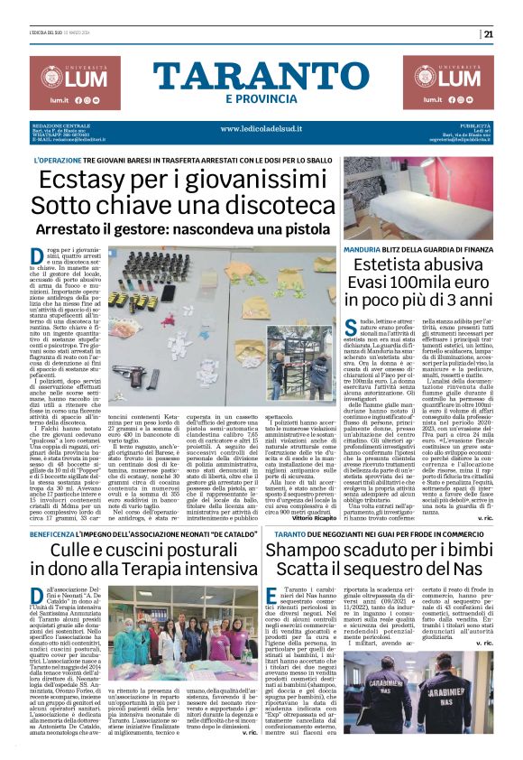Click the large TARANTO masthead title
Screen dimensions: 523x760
click(x=261, y=76)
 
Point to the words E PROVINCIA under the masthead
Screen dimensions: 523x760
click(x=261, y=98)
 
